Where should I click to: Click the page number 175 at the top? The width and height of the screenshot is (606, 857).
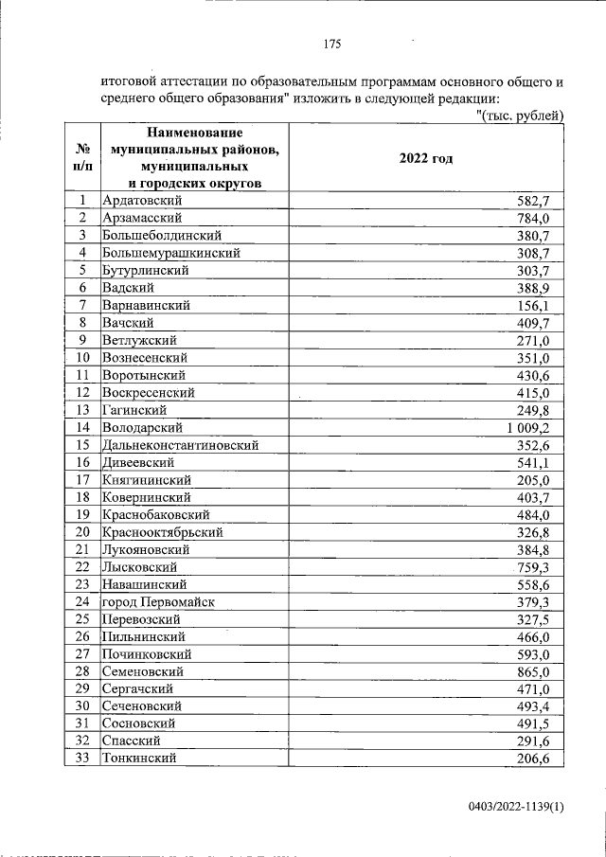330,45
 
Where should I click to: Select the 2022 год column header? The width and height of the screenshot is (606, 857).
426,158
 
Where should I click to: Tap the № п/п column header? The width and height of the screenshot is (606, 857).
83,158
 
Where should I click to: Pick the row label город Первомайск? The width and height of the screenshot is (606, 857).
158,602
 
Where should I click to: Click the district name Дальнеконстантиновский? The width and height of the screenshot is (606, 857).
180,445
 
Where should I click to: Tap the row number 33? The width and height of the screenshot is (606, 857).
82,759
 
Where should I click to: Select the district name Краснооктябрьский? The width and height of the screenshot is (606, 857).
162,532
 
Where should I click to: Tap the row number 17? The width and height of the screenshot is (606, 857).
82,480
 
